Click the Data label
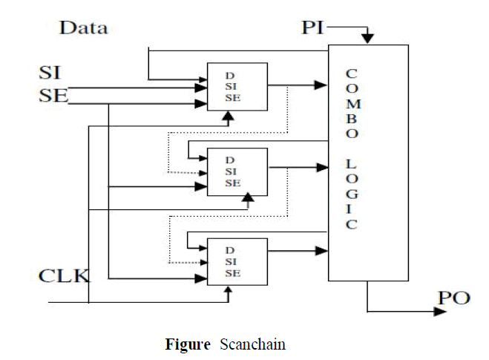(84, 29)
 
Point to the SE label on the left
(53, 95)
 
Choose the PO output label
(453, 298)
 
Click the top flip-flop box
(237, 87)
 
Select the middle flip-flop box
(237, 171)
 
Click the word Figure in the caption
(188, 344)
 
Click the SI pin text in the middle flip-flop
(232, 171)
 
